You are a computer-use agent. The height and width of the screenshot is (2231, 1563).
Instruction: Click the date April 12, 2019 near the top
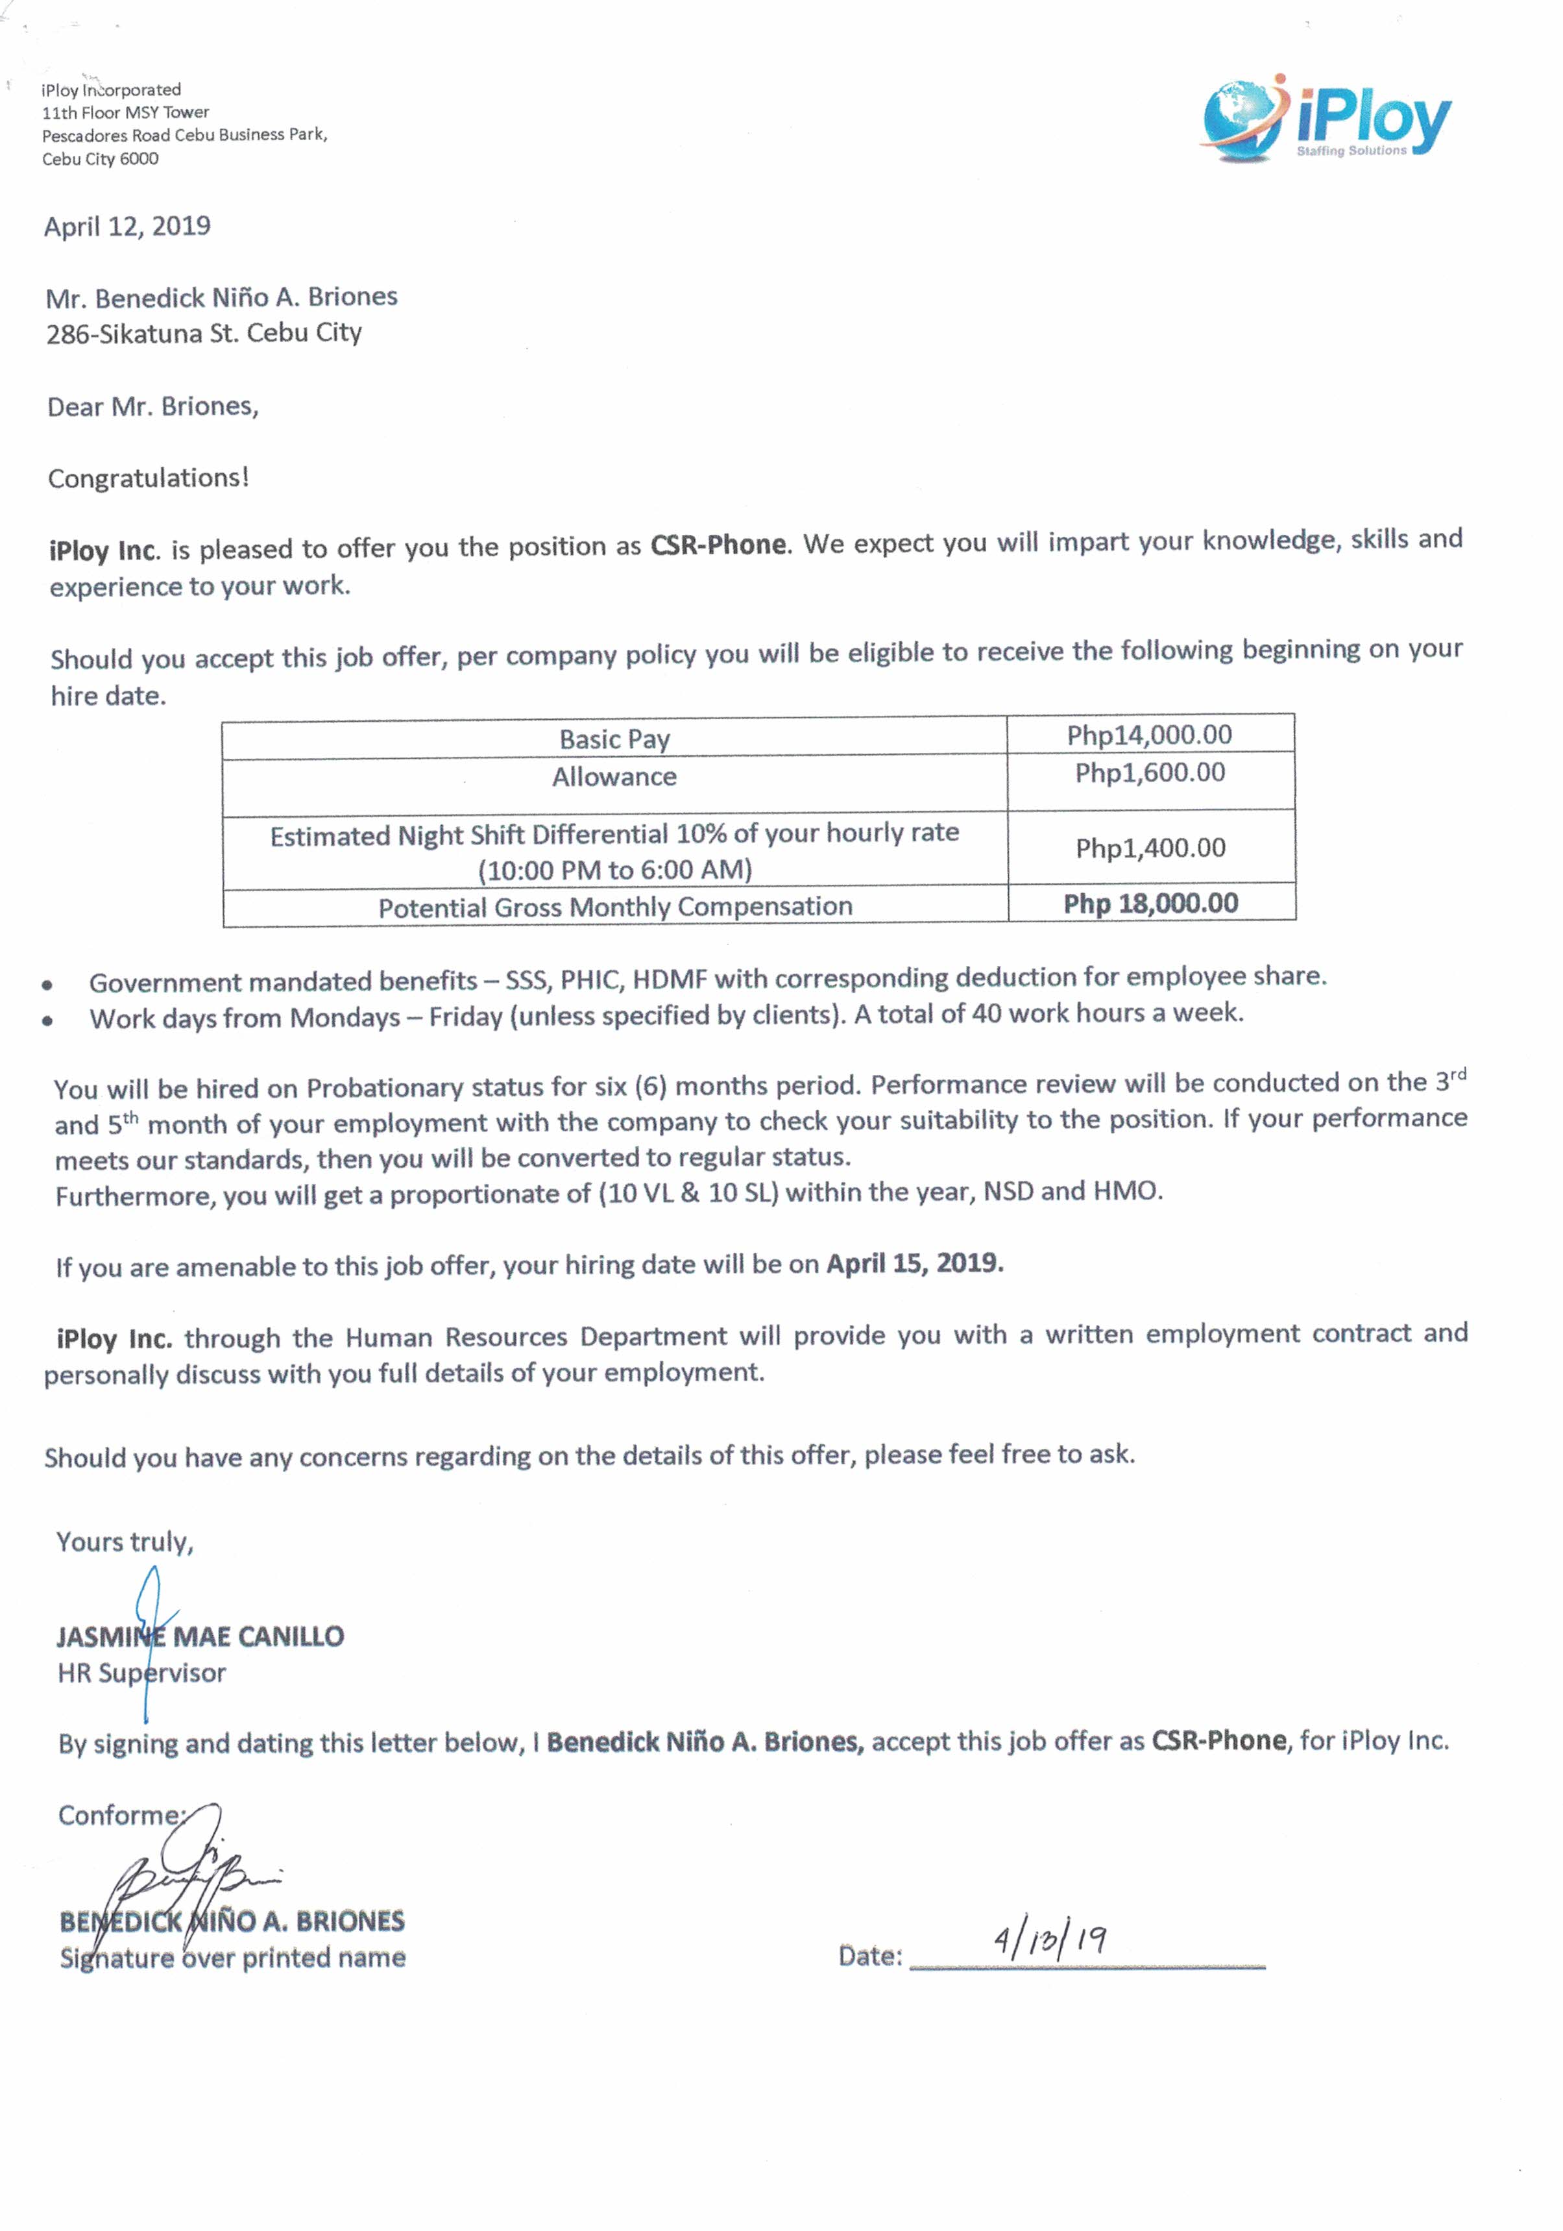(x=127, y=227)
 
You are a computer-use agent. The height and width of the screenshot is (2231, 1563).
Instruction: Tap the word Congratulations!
(x=149, y=478)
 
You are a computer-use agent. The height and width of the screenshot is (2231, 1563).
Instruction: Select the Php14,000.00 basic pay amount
(x=1148, y=735)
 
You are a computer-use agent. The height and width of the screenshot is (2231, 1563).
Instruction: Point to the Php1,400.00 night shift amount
(x=1150, y=848)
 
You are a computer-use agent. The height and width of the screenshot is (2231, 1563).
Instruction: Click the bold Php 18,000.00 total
(x=1150, y=904)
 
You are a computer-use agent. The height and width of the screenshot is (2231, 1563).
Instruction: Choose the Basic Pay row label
(x=614, y=739)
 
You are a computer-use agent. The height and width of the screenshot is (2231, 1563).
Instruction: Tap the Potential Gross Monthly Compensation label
(x=615, y=907)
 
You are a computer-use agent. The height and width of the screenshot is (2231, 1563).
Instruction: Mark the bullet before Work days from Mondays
(x=47, y=1021)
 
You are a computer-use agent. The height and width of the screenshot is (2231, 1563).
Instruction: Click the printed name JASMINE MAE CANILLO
(x=200, y=1636)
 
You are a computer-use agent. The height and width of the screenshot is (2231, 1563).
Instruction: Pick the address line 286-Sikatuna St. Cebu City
(x=204, y=333)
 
